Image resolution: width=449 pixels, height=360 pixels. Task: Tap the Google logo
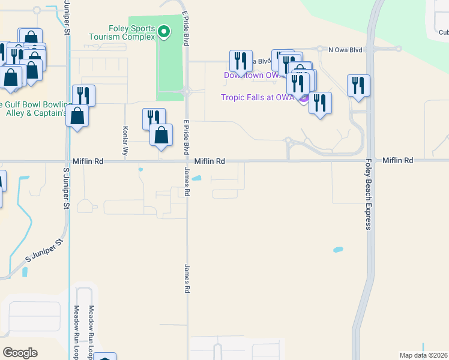(20, 353)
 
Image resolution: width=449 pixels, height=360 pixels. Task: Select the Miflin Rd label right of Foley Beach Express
(398, 161)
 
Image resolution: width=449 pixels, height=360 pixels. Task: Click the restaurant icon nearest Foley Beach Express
(358, 86)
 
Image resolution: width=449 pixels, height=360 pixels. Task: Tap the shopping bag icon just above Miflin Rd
(161, 135)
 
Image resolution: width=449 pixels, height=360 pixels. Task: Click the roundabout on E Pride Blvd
(187, 92)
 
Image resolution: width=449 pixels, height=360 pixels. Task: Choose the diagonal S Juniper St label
(45, 251)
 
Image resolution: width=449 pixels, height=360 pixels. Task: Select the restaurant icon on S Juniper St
(83, 96)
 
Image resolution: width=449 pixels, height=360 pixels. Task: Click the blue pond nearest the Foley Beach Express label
(338, 248)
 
